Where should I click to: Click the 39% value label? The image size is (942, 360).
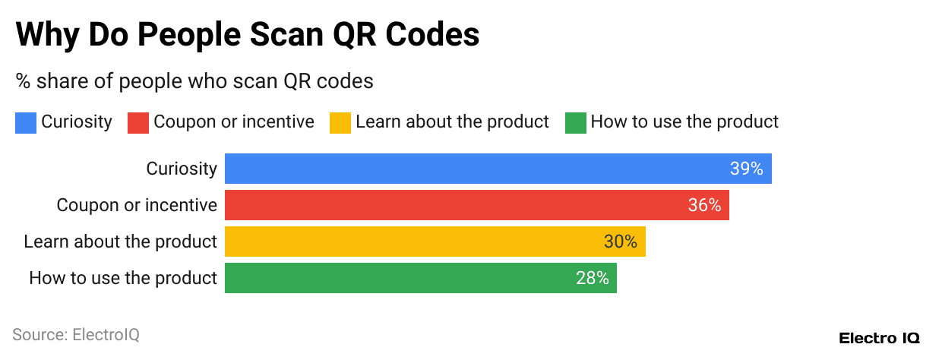point(746,169)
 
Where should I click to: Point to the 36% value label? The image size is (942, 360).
point(704,205)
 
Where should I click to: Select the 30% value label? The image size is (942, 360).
point(621,242)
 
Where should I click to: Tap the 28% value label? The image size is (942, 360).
point(593,278)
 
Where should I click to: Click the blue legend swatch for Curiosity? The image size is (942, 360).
point(26,122)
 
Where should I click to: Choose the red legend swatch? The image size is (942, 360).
point(138,122)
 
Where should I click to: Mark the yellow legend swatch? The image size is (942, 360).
point(340,122)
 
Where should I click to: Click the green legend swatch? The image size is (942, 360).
point(576,122)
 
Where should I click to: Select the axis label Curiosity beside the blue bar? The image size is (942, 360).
point(182,169)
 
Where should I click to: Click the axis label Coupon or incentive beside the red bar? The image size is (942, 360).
point(137,205)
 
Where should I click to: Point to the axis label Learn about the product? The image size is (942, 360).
point(120,242)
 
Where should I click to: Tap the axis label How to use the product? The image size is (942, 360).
point(123,278)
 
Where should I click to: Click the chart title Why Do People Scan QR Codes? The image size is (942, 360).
point(248,36)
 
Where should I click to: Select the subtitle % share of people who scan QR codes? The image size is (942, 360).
point(194,81)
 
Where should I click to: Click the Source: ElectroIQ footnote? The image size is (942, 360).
point(76,334)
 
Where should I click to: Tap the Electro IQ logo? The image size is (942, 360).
point(879,337)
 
